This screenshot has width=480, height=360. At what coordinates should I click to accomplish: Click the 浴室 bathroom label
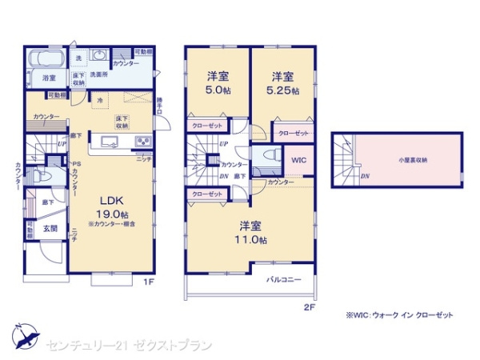49,78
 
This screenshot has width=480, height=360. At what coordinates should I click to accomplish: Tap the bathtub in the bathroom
49,61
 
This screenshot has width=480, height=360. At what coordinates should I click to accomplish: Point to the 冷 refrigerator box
100,101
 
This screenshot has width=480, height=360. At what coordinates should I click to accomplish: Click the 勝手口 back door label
159,105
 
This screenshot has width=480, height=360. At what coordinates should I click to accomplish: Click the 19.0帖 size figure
111,214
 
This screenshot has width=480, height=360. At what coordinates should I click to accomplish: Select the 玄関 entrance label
50,229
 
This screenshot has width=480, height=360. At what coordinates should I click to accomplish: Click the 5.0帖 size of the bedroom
214,90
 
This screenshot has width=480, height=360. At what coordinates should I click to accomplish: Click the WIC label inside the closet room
298,160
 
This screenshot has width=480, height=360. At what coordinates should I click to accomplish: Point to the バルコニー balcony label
284,279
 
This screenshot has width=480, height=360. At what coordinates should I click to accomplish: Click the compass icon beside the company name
24,333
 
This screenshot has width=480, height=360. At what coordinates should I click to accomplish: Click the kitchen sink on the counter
109,142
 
